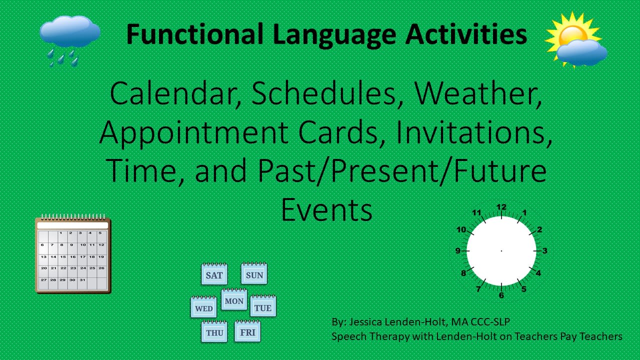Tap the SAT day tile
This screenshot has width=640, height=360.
click(x=214, y=275)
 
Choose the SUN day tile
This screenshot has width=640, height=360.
click(x=254, y=275)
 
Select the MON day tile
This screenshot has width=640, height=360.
click(x=234, y=300)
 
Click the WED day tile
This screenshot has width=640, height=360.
click(x=203, y=308)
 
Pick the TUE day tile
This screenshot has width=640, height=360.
click(x=263, y=307)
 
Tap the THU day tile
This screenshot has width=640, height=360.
click(x=214, y=332)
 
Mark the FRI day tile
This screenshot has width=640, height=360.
click(x=247, y=332)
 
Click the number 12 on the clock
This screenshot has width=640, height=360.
click(x=501, y=207)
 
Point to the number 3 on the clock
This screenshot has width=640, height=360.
click(x=545, y=251)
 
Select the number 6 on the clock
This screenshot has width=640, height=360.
click(x=501, y=295)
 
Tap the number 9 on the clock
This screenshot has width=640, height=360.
click(x=457, y=251)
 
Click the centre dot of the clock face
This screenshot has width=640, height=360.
click(x=501, y=250)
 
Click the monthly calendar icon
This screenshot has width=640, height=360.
click(x=73, y=254)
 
